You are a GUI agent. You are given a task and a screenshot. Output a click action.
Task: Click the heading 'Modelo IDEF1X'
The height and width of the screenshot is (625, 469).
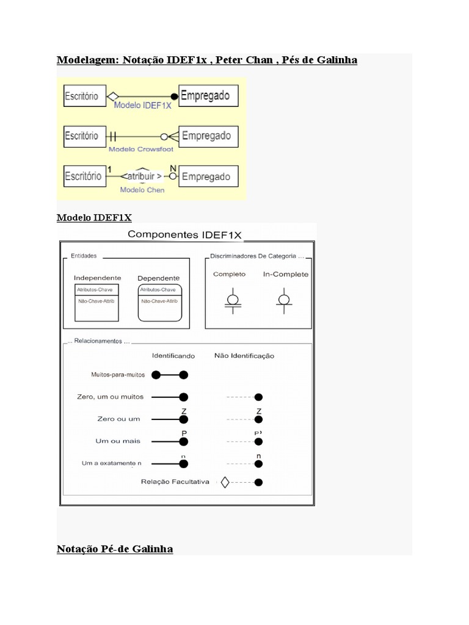pyautogui.click(x=94, y=218)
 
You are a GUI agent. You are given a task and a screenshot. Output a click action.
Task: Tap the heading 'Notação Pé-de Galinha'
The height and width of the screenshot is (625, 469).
pyautogui.click(x=115, y=549)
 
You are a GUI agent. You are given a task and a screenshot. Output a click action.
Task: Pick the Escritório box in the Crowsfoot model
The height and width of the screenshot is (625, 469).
pyautogui.click(x=82, y=136)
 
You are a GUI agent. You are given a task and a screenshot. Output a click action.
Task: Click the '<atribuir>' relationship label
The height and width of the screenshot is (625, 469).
pyautogui.click(x=142, y=177)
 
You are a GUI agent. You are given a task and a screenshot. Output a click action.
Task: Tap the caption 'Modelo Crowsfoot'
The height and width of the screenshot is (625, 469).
pyautogui.click(x=140, y=149)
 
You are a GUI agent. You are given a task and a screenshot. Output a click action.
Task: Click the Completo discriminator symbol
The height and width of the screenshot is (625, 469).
pyautogui.click(x=232, y=301)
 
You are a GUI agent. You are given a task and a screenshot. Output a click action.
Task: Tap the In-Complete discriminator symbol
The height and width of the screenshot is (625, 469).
pyautogui.click(x=283, y=301)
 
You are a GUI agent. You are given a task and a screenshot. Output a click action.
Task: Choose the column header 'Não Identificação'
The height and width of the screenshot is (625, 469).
pyautogui.click(x=244, y=355)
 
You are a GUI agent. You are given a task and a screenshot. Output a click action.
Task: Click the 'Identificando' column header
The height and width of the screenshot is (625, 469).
pyautogui.click(x=173, y=355)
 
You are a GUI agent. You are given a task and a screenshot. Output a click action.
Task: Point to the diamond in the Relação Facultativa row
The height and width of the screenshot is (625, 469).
pyautogui.click(x=224, y=482)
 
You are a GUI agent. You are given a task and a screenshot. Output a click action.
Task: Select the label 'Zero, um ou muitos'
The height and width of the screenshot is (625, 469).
pyautogui.click(x=111, y=397)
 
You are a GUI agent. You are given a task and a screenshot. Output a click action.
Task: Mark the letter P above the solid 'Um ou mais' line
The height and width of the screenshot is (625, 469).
pyautogui.click(x=183, y=433)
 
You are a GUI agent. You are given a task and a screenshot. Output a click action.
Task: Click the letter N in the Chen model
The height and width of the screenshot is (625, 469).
pyautogui.click(x=173, y=168)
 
